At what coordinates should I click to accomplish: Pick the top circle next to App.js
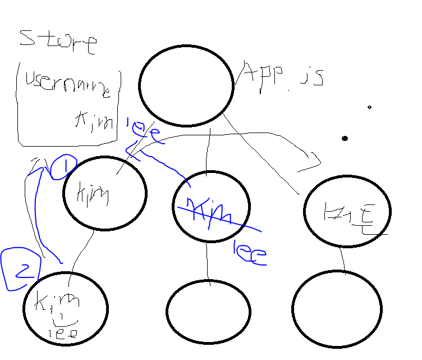(x=186, y=85)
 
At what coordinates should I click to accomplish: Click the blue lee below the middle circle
(x=249, y=256)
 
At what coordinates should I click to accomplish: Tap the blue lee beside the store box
(x=144, y=129)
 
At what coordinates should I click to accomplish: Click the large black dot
(x=345, y=138)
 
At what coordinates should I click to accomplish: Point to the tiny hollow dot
(x=369, y=107)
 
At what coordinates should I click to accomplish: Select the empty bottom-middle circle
(x=208, y=311)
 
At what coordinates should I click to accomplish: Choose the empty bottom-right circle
(x=337, y=309)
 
